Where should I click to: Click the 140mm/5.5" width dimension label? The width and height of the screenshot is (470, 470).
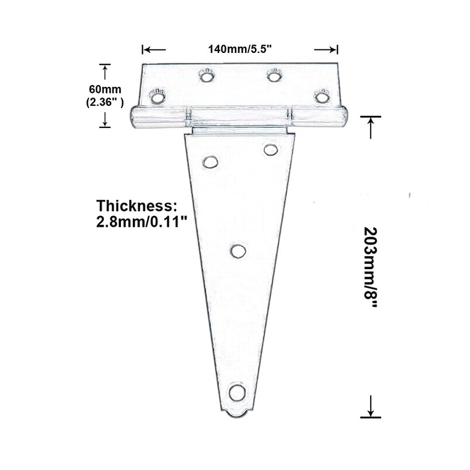(240, 50)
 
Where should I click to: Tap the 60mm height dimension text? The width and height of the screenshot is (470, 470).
(105, 89)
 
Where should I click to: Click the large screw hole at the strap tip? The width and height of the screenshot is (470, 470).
(237, 392)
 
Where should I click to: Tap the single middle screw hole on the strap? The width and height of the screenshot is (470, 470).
(238, 251)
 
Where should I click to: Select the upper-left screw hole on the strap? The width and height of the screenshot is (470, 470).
(210, 162)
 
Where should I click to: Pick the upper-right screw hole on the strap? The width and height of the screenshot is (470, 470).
(270, 150)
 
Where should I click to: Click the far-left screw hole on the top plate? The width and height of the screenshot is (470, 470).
(157, 96)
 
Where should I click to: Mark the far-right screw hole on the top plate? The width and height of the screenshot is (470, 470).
(321, 96)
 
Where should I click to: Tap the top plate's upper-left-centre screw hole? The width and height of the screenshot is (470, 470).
(206, 75)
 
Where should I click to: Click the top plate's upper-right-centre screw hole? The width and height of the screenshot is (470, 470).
(274, 75)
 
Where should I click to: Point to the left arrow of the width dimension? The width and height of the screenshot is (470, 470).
(153, 50)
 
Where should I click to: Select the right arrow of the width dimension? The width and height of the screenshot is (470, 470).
(327, 50)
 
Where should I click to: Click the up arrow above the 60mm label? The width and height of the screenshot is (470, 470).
(105, 72)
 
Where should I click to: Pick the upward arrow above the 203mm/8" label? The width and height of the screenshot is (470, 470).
(371, 126)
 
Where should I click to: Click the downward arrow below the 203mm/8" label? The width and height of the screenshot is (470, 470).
(371, 407)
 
